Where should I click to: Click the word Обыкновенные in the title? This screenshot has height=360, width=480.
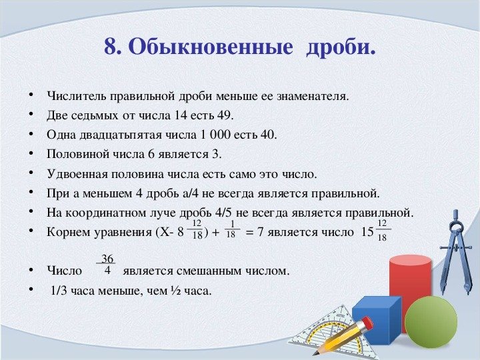[209, 47]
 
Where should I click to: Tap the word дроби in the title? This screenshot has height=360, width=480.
[340, 47]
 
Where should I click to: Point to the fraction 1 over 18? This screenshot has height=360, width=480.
[231, 229]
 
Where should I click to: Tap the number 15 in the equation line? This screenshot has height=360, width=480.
[366, 233]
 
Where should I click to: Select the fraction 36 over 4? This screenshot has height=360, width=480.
[107, 265]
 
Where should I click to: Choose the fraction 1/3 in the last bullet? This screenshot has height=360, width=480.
[59, 291]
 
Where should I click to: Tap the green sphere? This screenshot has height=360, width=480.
[431, 321]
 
